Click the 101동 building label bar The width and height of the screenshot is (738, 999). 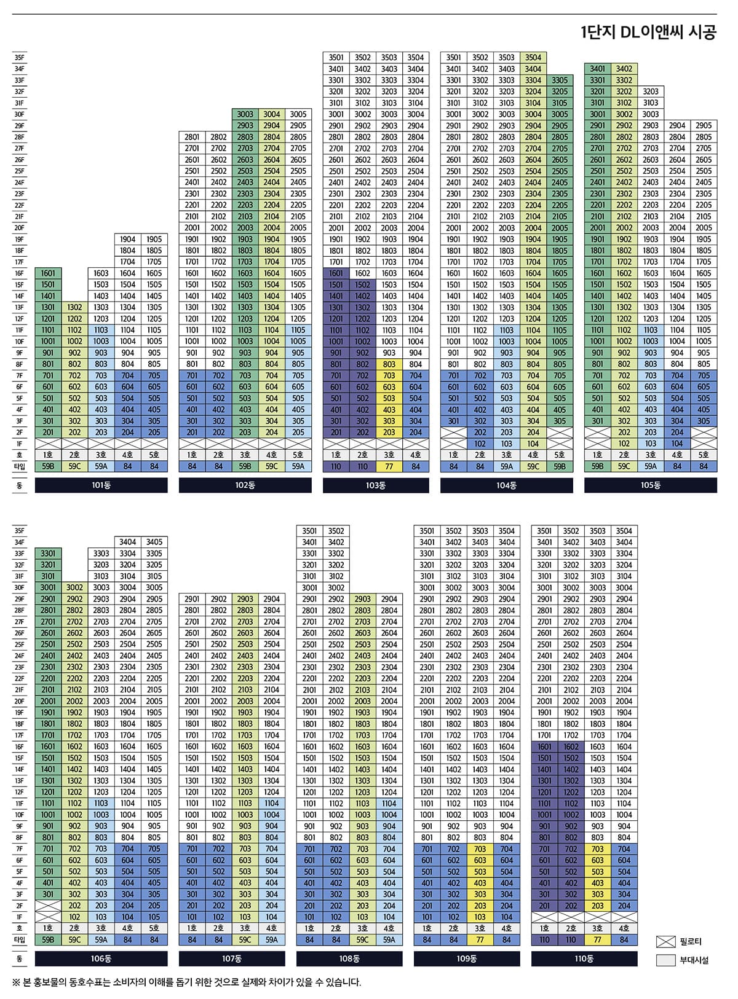pos(101,485)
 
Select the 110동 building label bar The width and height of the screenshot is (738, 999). pos(584,958)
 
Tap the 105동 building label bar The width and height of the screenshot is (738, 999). pos(650,485)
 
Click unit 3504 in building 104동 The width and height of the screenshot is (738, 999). pos(533,58)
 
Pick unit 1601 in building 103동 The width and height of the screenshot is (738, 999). pos(336,273)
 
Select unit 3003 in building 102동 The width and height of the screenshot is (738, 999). pos(245,114)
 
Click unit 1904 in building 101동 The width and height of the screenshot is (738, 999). pos(128,240)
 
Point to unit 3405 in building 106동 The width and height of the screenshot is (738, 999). pos(154,542)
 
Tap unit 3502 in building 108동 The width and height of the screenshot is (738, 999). pos(336,531)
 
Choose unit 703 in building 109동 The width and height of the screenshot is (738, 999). pos(480,849)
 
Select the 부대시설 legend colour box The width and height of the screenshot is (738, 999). pos(665,960)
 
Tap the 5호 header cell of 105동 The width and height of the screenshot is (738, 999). pos(704,455)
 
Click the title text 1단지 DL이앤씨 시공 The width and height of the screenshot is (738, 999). pos(648,33)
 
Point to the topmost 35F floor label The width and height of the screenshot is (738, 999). pos(20,58)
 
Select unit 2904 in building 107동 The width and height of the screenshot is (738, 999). pos(272,599)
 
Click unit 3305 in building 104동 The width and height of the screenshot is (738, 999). pos(560,80)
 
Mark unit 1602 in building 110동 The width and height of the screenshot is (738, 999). pos(571,747)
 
